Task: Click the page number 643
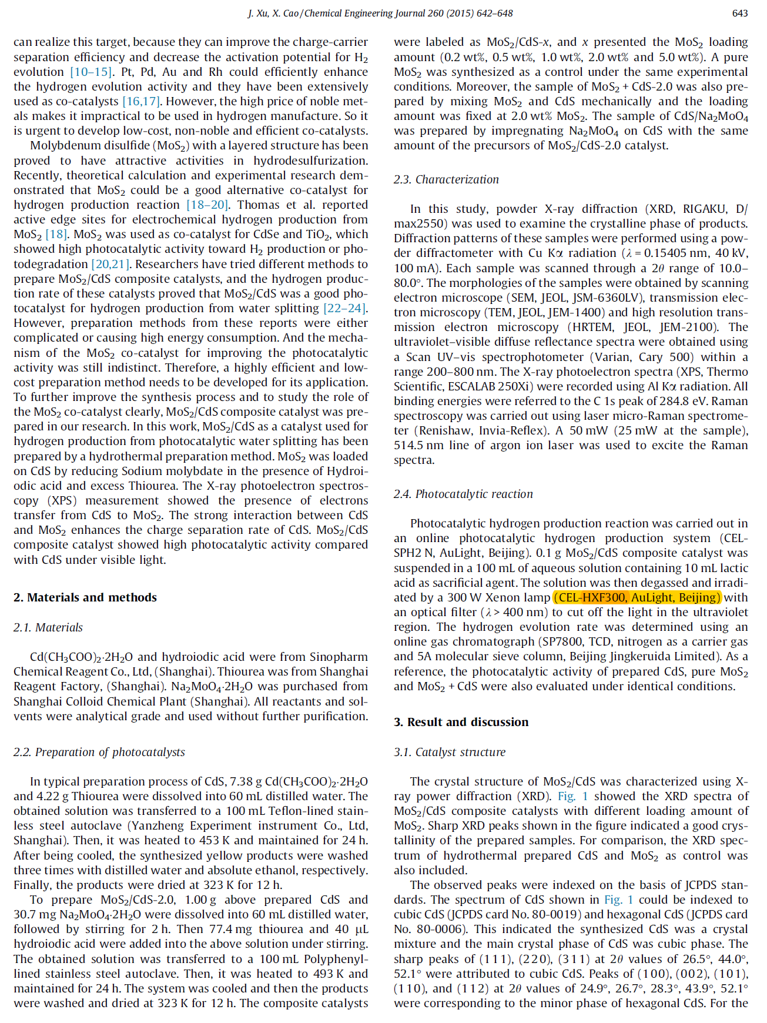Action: tap(739, 13)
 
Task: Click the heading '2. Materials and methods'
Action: tap(85, 597)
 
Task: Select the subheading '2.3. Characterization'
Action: tap(446, 179)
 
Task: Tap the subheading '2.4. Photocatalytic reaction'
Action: tap(463, 494)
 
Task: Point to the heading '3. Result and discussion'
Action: tap(461, 722)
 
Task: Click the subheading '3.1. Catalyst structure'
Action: tap(450, 752)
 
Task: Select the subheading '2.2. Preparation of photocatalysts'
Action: tap(99, 752)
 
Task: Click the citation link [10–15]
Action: tap(91, 72)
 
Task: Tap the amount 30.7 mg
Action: tap(34, 915)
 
